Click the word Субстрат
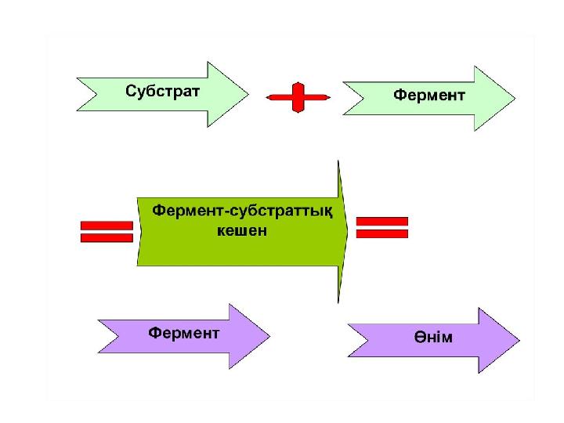[x=163, y=90]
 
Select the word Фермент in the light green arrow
[x=428, y=95]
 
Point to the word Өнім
[x=434, y=338]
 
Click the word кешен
[x=241, y=232]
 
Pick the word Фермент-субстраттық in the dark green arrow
[x=241, y=211]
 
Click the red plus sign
[x=298, y=97]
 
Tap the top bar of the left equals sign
[x=107, y=226]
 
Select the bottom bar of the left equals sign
[x=107, y=237]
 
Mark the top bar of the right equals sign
[x=382, y=222]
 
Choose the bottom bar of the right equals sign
[x=382, y=233]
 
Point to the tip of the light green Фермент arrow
[x=514, y=98]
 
